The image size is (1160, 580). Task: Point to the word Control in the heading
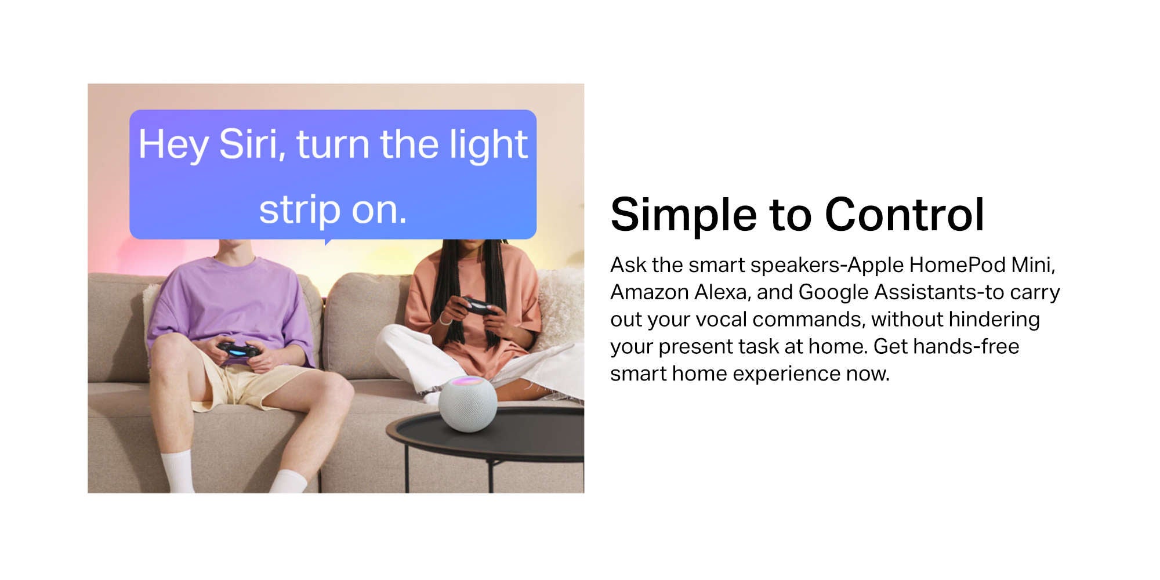coord(904,215)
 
